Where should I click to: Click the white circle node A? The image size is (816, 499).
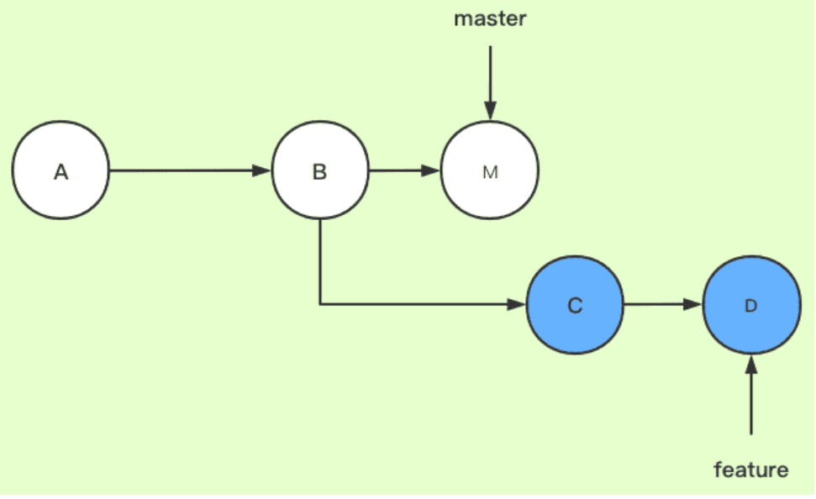pyautogui.click(x=61, y=171)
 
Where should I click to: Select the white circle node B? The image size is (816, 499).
pyautogui.click(x=320, y=171)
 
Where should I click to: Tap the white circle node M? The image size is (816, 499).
pyautogui.click(x=490, y=171)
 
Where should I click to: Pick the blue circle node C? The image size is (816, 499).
pyautogui.click(x=575, y=305)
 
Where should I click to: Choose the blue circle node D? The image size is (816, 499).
pyautogui.click(x=751, y=305)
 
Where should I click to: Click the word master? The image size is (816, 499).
pyautogui.click(x=490, y=18)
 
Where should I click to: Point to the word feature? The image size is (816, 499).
pyautogui.click(x=751, y=470)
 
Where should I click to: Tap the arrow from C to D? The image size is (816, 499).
pyautogui.click(x=663, y=305)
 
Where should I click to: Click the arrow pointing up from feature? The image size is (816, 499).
pyautogui.click(x=751, y=395)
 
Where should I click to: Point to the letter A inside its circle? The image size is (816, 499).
pyautogui.click(x=61, y=172)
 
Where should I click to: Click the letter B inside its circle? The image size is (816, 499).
pyautogui.click(x=320, y=172)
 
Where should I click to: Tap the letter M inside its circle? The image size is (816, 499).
pyautogui.click(x=490, y=172)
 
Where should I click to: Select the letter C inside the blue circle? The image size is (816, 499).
pyautogui.click(x=575, y=306)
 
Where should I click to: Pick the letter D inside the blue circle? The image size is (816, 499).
pyautogui.click(x=751, y=306)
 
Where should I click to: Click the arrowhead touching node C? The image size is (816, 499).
pyautogui.click(x=518, y=305)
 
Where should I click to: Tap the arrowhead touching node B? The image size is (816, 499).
pyautogui.click(x=263, y=171)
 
